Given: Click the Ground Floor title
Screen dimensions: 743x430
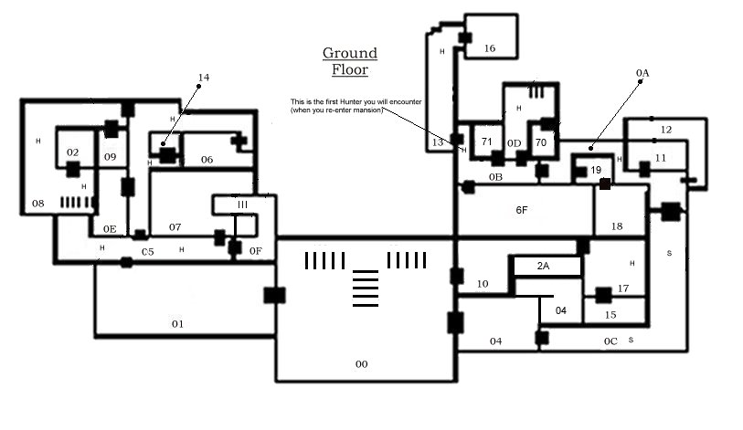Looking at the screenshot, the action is click(x=350, y=61).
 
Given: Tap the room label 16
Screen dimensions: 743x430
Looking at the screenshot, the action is click(x=490, y=48).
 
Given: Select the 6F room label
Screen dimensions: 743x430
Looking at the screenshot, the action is click(x=521, y=210).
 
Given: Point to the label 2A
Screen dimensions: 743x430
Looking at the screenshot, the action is click(x=543, y=267).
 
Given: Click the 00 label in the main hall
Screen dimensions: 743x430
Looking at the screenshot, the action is click(x=361, y=364).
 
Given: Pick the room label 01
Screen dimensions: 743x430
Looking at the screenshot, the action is click(x=177, y=324).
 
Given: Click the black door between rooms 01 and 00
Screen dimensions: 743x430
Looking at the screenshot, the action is click(x=274, y=295).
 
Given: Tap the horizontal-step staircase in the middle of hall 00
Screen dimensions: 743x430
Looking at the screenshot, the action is click(x=366, y=288).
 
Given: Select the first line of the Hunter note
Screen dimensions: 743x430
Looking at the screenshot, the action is click(x=356, y=102).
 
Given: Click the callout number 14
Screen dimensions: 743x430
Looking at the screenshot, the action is click(x=204, y=78).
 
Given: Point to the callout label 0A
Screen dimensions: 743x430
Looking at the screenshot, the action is click(x=642, y=73).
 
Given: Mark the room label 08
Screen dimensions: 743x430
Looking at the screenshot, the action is click(x=37, y=204).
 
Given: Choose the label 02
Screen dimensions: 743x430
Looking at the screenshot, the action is click(x=72, y=152).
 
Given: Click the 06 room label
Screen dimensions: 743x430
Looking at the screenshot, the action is click(x=207, y=160).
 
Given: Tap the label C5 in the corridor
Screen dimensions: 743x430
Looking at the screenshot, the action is click(x=148, y=252).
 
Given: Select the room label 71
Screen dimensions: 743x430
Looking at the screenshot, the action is click(x=486, y=142).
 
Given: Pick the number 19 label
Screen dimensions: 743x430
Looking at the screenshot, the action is click(x=596, y=170).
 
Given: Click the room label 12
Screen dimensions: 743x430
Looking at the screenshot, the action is click(x=665, y=130).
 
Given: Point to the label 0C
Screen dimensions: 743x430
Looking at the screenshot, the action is click(x=610, y=341).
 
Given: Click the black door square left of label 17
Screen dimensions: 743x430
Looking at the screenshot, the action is click(x=603, y=296).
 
